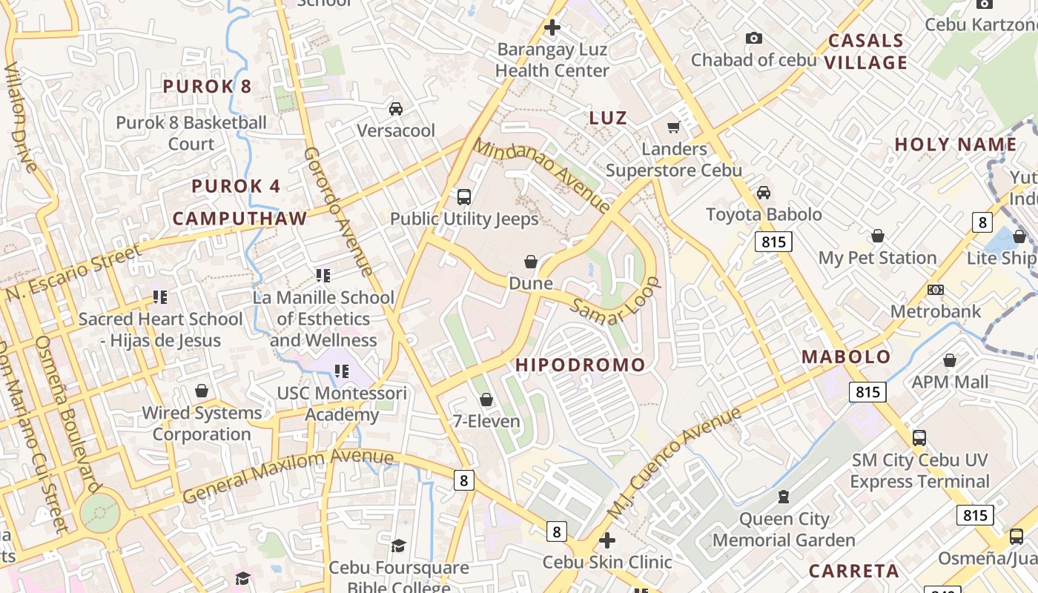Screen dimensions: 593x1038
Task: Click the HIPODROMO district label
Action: tap(581, 365)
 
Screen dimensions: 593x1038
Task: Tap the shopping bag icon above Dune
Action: tap(531, 262)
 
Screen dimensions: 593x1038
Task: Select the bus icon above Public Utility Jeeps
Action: tap(464, 197)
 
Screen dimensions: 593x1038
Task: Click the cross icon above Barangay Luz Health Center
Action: tap(552, 27)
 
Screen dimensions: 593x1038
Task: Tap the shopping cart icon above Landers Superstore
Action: tap(674, 127)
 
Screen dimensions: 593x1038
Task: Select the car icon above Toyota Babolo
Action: tap(764, 193)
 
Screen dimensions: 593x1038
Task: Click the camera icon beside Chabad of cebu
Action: tap(754, 38)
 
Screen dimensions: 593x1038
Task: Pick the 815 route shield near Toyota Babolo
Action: tap(773, 241)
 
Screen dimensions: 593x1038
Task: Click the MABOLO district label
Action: tap(846, 357)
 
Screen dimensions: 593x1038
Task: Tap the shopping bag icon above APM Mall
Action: tap(950, 360)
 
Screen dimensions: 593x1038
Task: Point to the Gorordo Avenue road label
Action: tap(338, 211)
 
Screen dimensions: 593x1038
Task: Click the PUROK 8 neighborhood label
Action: tap(208, 86)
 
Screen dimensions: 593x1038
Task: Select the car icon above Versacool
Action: tap(396, 109)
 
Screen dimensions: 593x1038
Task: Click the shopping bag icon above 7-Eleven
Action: tap(486, 400)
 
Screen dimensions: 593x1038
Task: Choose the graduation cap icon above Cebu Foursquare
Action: tap(398, 546)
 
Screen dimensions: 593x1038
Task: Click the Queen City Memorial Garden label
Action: tap(784, 529)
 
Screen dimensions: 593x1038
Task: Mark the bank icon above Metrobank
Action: tap(936, 290)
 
